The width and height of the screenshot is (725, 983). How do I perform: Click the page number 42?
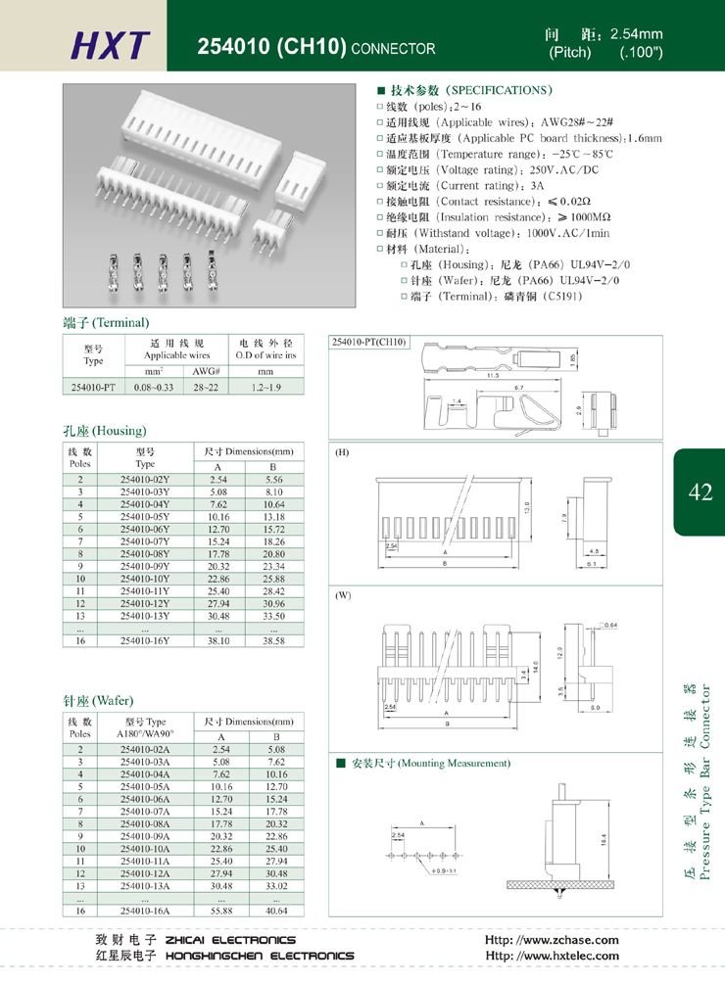(x=701, y=492)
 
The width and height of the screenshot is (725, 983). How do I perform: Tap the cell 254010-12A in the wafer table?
(x=145, y=872)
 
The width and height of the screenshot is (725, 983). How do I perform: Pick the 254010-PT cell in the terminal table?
(x=93, y=387)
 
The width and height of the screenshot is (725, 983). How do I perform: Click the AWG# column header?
(x=206, y=371)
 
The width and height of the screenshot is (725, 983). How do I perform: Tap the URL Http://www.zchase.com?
(x=552, y=940)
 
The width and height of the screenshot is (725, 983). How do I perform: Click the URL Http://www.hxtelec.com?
(x=552, y=956)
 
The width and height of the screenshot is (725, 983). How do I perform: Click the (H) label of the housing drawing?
(x=342, y=454)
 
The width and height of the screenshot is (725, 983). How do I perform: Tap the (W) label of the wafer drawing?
(x=343, y=595)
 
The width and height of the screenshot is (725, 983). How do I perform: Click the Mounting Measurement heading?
(x=429, y=763)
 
